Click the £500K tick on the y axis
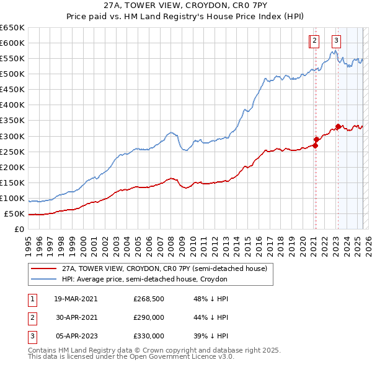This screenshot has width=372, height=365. pos(12,74)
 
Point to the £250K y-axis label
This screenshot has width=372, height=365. pos(12,152)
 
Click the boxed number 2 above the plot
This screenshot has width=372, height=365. pos(314,41)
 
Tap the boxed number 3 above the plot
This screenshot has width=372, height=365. pos(337,41)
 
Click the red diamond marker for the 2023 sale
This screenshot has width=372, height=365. pos(338,127)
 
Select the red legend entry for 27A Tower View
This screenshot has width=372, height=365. pos(164,269)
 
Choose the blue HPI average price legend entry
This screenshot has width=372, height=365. pos(144,280)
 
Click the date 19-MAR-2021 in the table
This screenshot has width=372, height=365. pos(76,299)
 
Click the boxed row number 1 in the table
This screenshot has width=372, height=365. pos(30,299)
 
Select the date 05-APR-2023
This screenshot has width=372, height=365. pos(76,336)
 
